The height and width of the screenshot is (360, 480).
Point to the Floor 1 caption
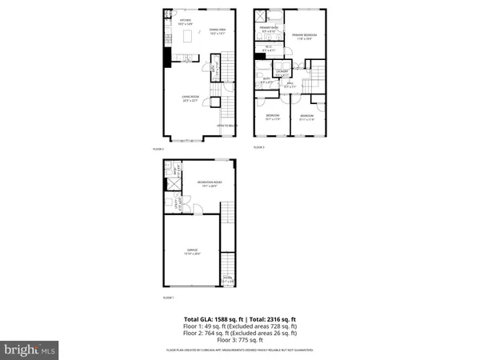coord(158,297)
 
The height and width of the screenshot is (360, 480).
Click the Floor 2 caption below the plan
coord(158,149)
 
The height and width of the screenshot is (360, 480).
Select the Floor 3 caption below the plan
coord(258,147)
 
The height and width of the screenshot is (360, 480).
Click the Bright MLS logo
coord(30,350)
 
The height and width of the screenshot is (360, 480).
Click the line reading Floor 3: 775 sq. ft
coord(240,342)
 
